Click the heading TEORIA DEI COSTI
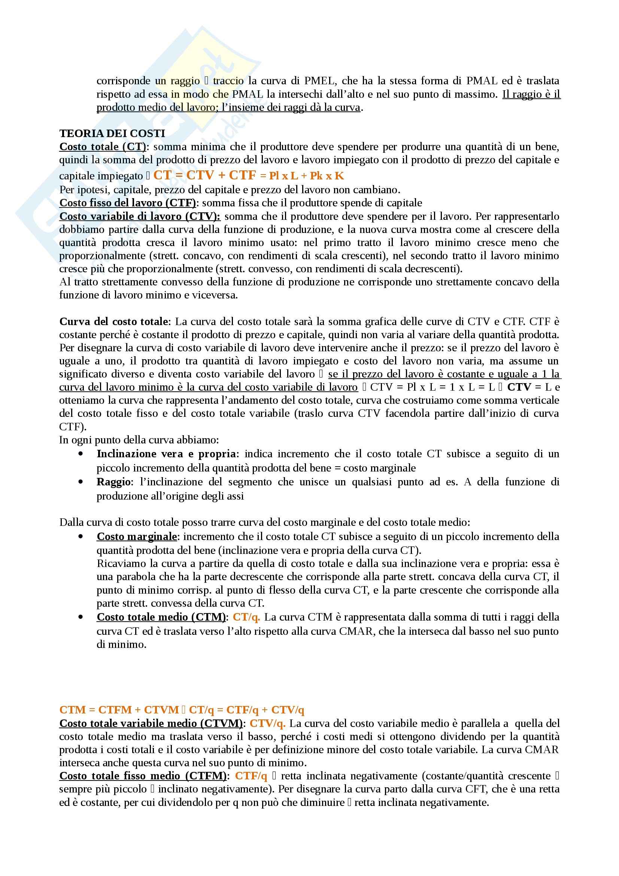[x=112, y=133]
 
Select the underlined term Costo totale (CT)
[x=103, y=146]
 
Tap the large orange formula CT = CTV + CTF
[x=204, y=175]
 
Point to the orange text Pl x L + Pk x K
[x=306, y=176]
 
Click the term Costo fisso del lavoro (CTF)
[x=127, y=203]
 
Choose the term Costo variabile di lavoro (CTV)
[x=140, y=216]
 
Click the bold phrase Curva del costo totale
[x=113, y=321]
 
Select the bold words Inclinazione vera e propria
[x=166, y=454]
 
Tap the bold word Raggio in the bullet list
[x=113, y=482]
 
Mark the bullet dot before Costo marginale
[x=80, y=536]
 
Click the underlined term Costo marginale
[x=137, y=536]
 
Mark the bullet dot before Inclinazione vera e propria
[x=80, y=454]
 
